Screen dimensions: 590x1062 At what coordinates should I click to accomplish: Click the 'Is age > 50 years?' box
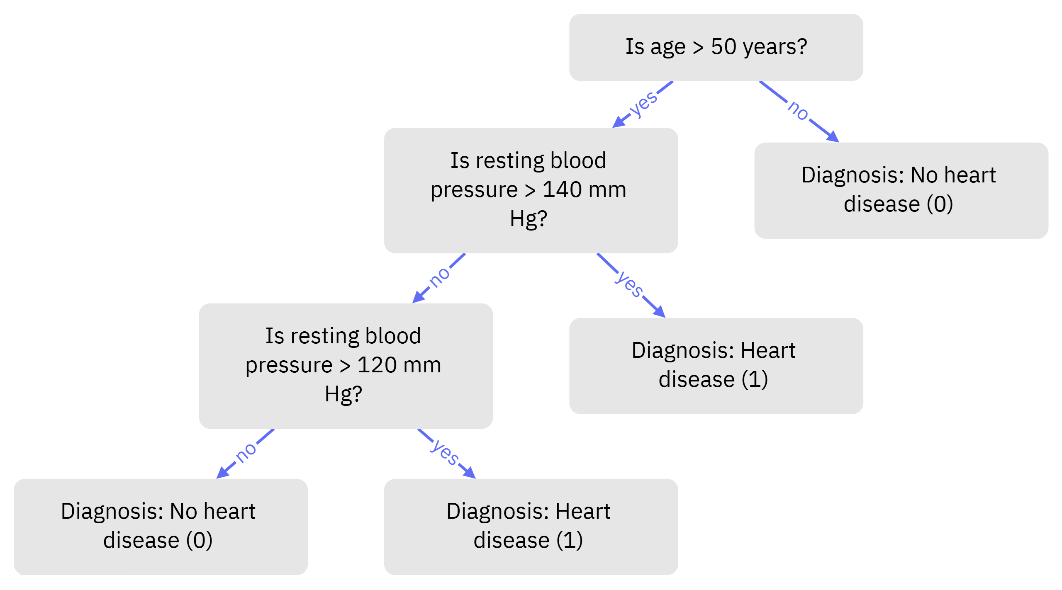coord(716,47)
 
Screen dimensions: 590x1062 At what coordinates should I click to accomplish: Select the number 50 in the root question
coord(723,46)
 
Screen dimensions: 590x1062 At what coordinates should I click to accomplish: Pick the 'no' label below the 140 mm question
coord(439,277)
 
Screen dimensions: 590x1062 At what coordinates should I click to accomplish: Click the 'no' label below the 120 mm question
coord(246,452)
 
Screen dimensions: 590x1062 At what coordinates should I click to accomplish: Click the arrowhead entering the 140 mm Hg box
coord(618,123)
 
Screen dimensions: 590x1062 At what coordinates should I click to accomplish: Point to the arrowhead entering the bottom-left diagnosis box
coord(222,473)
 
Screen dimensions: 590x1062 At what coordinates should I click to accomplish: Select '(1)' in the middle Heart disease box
coord(755,379)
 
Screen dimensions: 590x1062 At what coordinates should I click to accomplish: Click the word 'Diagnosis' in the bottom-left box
coord(112,511)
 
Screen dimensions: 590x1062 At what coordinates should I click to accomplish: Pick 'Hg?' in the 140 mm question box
coord(529,219)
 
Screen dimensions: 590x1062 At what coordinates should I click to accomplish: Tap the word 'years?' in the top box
coord(775,47)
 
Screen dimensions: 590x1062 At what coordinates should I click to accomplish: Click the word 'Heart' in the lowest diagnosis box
coord(582,511)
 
